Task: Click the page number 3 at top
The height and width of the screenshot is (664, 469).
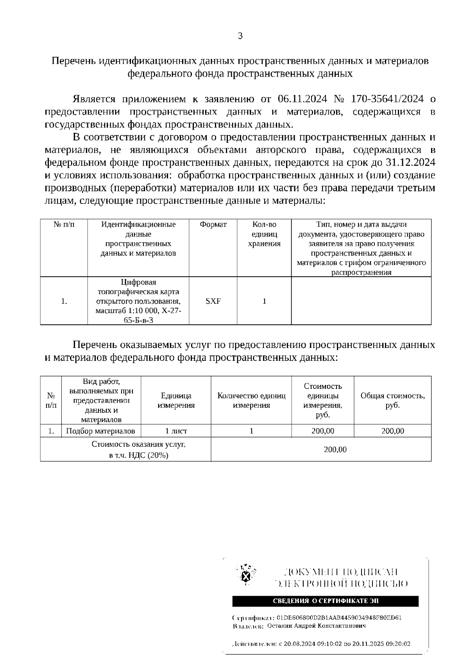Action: coord(240,36)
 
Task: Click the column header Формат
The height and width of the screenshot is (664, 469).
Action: coord(213,225)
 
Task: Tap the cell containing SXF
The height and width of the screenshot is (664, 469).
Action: coord(213,301)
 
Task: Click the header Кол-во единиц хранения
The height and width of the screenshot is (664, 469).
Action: coord(264,234)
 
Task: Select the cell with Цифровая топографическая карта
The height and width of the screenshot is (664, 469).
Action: coord(138,301)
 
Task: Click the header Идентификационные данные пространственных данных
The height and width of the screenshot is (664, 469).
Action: coord(138,239)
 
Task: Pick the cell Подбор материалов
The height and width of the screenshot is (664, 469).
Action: coord(101,431)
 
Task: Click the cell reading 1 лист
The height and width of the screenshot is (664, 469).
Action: coord(176,431)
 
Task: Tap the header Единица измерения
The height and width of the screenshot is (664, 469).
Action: coord(176,401)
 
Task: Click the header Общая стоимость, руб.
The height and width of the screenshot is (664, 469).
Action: coord(392,401)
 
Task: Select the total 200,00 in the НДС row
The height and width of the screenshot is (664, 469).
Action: coord(335,450)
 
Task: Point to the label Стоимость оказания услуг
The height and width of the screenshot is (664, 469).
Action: coord(138,445)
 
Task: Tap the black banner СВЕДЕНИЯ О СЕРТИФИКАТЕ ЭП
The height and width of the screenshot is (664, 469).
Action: coord(325,601)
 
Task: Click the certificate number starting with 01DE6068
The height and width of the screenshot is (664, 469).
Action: coord(339,618)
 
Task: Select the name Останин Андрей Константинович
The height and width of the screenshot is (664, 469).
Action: coord(316,626)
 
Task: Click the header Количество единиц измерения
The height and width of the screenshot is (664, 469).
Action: coord(251,401)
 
